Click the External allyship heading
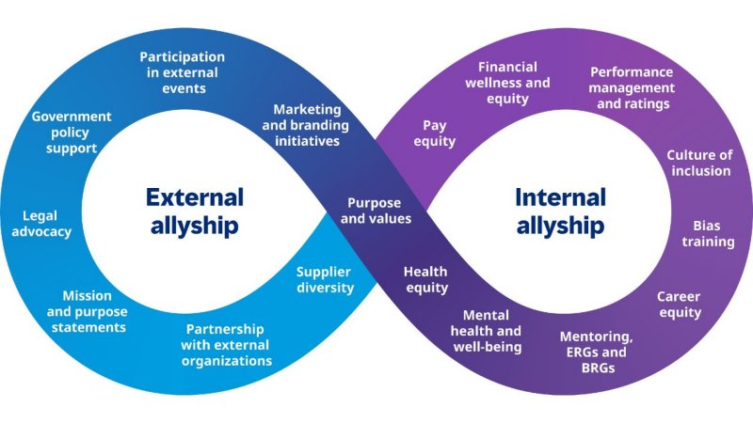194,211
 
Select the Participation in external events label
183,72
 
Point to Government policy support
72,133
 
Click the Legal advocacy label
40,224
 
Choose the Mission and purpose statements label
87,311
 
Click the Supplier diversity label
325,280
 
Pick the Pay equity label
434,133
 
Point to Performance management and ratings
632,87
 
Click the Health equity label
425,280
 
